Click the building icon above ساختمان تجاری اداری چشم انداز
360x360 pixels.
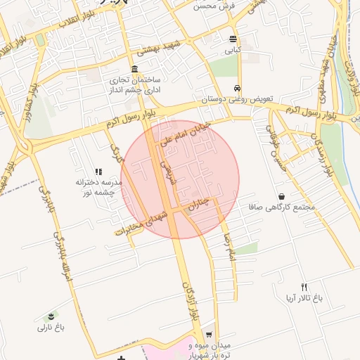click(134, 69)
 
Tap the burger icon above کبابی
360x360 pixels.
click(233, 39)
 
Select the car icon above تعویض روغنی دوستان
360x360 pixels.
click(238, 89)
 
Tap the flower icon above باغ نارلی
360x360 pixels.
click(51, 316)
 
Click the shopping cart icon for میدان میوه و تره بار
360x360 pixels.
click(208, 335)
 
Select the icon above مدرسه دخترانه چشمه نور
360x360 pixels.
click(98, 171)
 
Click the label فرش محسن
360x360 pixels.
click(214, 6)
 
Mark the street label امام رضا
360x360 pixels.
click(226, 243)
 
